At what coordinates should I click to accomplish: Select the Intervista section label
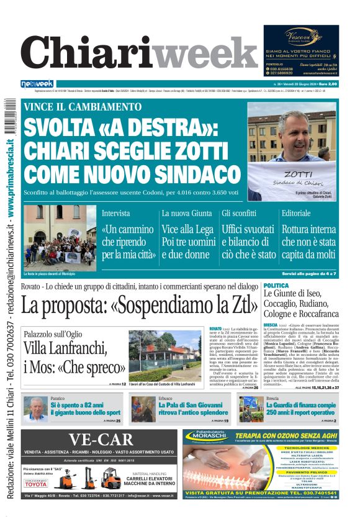pyautogui.click(x=116, y=213)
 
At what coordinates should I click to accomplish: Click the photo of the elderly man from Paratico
pyautogui.click(x=35, y=409)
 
